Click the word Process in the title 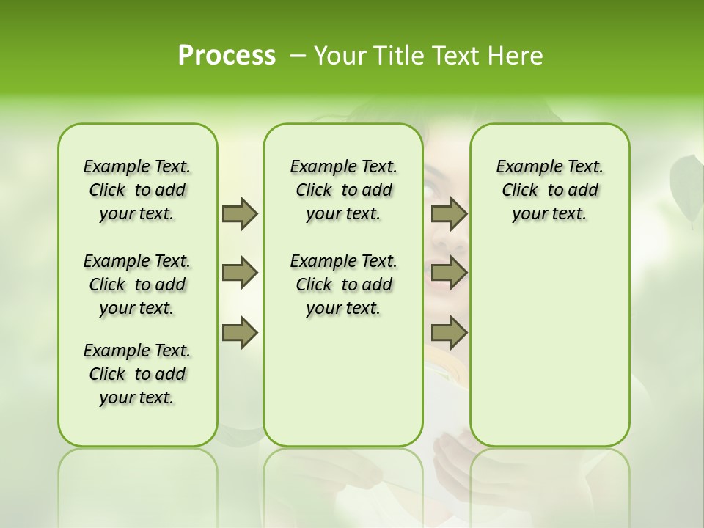tap(227, 56)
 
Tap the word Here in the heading tap(517, 56)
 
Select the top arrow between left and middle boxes tap(240, 214)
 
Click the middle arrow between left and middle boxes tap(240, 274)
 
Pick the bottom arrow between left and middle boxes tap(240, 333)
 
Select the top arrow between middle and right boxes tap(449, 214)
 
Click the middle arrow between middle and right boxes tap(449, 274)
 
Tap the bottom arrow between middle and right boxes tap(449, 333)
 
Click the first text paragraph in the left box tap(137, 190)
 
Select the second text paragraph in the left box tap(137, 285)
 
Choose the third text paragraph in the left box tap(137, 374)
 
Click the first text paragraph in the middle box tap(343, 190)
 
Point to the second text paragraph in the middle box tap(343, 285)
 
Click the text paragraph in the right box tap(549, 190)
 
